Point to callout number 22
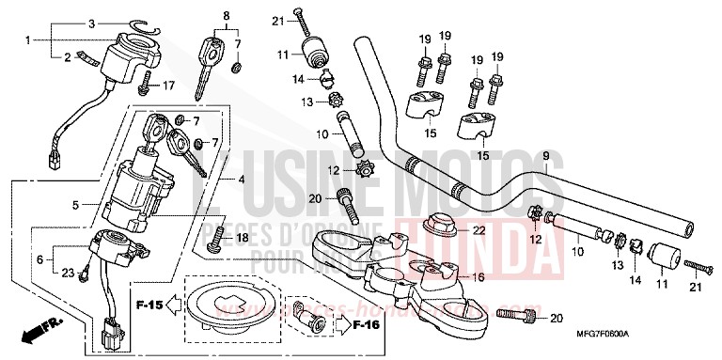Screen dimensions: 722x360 click(478, 230)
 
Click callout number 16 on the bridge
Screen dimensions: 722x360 click(478, 277)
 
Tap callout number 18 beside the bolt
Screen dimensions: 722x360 click(243, 239)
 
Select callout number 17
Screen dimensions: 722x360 click(169, 86)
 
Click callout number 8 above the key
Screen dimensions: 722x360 click(226, 16)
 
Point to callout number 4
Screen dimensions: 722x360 click(243, 180)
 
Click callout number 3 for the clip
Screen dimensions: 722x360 click(91, 23)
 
